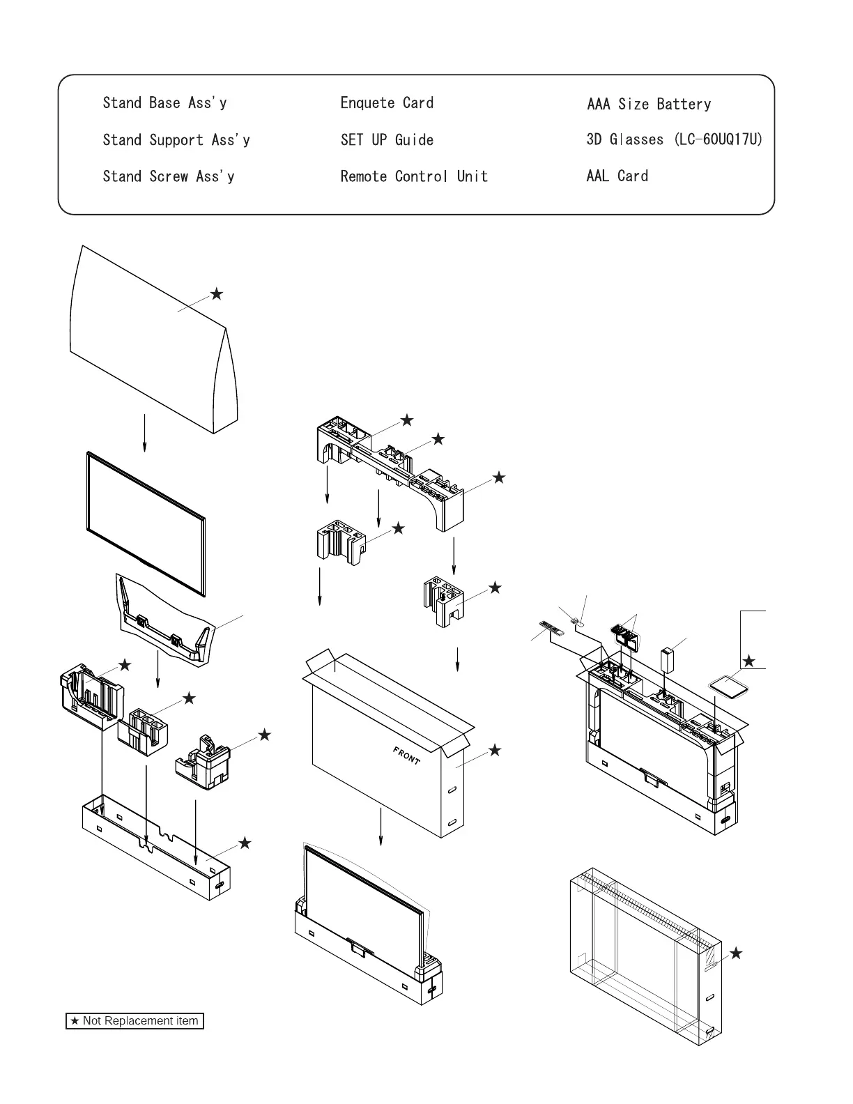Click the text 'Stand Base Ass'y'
point(164,103)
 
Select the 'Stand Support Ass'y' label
point(176,140)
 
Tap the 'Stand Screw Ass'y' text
point(168,176)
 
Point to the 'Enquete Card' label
point(387,103)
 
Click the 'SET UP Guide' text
point(387,140)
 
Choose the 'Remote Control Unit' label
point(414,176)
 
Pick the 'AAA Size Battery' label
point(649,105)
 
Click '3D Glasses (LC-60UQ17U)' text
point(674,139)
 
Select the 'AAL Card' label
point(617,176)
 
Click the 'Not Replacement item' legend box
point(135,1021)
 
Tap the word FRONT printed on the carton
point(406,756)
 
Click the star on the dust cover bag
point(217,294)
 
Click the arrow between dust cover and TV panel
point(144,433)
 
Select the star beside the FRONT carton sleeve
point(494,751)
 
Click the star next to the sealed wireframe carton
point(735,953)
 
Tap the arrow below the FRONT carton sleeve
point(381,827)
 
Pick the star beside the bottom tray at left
point(245,843)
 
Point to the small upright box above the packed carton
point(668,659)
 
